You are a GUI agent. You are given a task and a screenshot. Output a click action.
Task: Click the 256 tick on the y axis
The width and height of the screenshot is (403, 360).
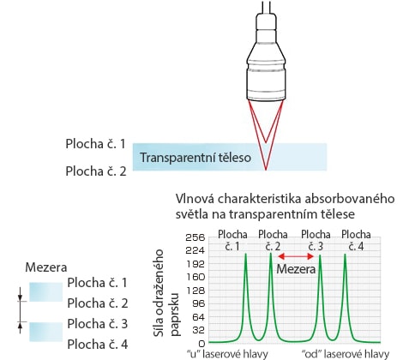(195, 237)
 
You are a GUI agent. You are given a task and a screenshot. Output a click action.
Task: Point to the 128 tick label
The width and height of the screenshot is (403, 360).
(195, 291)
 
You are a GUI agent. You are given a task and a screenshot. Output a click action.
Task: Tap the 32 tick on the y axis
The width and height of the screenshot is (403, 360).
(198, 330)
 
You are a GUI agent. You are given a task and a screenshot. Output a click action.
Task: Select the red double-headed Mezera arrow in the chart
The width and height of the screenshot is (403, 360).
(296, 256)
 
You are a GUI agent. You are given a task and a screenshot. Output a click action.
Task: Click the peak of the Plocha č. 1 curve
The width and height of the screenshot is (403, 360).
(245, 254)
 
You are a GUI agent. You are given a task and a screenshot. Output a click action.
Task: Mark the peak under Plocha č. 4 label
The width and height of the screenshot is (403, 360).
(345, 255)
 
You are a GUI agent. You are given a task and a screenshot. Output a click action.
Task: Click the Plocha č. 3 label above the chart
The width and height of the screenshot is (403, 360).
(316, 240)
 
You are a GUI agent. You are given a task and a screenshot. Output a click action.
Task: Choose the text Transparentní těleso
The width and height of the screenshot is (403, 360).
(195, 158)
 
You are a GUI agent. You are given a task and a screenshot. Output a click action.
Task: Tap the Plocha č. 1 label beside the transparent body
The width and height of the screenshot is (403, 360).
(96, 144)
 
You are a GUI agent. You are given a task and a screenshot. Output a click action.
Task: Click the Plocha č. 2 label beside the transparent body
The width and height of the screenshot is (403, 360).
(96, 171)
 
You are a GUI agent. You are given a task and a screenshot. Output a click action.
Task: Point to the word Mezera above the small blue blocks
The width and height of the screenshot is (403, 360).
(46, 267)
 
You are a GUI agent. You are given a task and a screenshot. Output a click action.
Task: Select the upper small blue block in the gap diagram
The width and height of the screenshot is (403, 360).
(45, 291)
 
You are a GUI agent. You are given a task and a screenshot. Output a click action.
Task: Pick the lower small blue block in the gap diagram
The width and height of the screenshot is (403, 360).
(45, 332)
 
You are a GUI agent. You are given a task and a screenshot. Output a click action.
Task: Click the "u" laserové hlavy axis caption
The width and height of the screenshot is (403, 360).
(227, 354)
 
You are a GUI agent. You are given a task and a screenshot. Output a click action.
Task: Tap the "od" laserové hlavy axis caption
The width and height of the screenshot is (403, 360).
(346, 354)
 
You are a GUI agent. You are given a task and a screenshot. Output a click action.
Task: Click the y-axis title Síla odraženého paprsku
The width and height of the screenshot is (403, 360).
(165, 293)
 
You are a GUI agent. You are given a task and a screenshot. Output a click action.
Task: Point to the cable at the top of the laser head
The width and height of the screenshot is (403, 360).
(266, 7)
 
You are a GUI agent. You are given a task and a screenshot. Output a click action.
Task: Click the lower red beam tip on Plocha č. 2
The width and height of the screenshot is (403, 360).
(266, 170)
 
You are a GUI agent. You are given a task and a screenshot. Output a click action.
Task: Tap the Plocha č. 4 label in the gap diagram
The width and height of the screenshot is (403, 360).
(98, 345)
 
